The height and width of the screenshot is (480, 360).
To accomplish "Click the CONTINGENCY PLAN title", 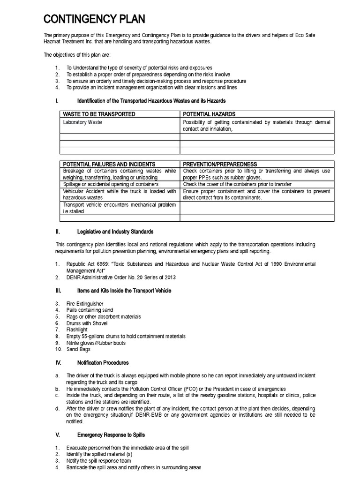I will [94, 19].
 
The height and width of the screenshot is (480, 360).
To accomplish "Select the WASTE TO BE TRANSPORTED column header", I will [99, 114].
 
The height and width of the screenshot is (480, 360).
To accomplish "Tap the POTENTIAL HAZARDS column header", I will [209, 114].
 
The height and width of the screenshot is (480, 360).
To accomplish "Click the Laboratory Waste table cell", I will [82, 122].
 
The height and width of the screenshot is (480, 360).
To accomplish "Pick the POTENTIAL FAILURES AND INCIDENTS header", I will [109, 164].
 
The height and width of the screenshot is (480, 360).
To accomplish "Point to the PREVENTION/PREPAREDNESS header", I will [220, 164].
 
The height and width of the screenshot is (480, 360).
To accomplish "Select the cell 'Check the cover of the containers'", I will [237, 184].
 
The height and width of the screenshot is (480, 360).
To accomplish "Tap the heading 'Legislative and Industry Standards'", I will [115, 232].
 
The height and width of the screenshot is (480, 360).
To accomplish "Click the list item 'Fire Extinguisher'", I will [85, 304].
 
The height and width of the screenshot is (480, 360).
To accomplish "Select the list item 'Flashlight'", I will [77, 330].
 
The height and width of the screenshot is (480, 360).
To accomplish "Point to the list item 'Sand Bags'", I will [78, 350].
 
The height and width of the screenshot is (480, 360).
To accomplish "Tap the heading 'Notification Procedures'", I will [103, 363].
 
